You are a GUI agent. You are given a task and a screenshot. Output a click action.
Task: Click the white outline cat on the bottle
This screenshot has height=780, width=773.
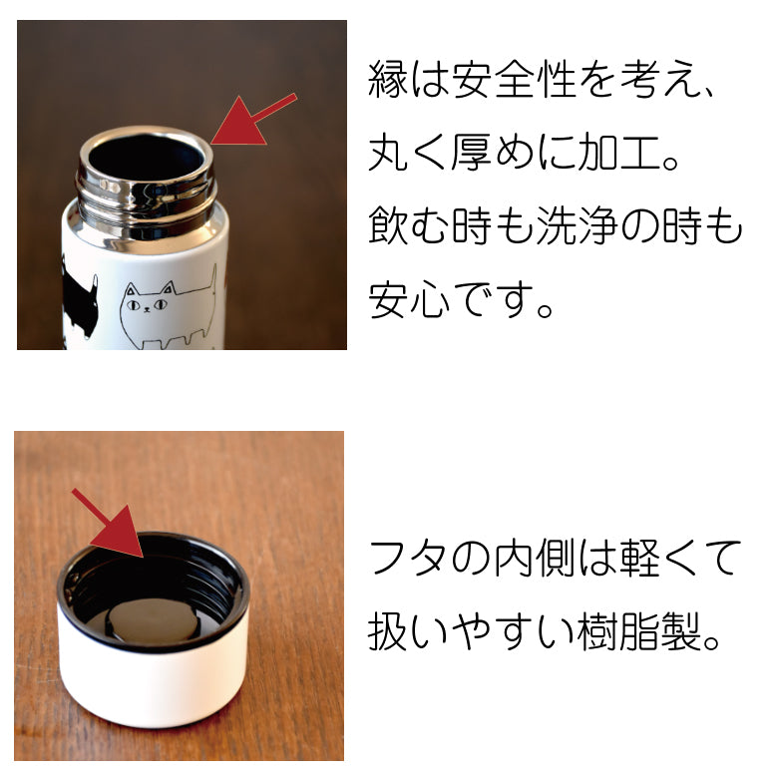tap(170, 308)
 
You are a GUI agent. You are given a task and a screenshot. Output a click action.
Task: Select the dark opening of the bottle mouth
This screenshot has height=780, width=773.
tap(147, 158)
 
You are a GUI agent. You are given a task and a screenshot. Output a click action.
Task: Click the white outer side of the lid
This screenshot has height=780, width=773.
tap(152, 681)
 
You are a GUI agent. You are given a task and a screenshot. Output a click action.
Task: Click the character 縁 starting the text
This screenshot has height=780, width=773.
tap(388, 79)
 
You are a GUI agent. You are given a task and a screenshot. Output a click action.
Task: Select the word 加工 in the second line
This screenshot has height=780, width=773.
tap(618, 153)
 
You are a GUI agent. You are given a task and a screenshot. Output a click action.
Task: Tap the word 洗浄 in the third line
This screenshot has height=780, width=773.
tap(577, 225)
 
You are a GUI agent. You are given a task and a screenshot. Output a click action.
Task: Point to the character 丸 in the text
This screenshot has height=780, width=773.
tap(388, 153)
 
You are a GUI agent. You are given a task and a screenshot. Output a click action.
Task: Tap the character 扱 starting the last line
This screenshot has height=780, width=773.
tap(388, 631)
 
